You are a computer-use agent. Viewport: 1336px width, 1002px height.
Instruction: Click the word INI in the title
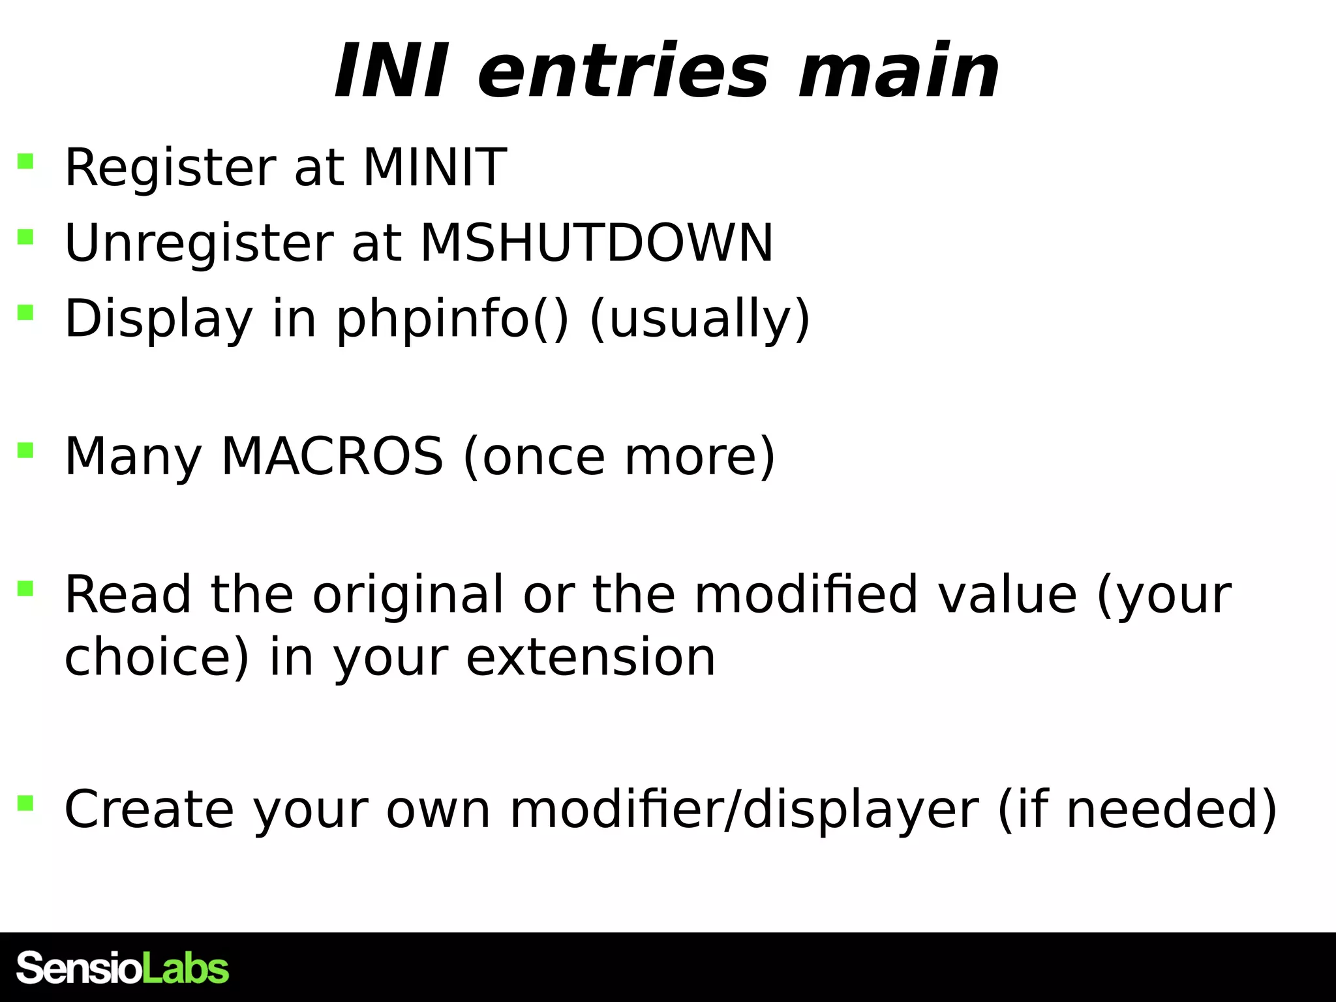click(x=390, y=71)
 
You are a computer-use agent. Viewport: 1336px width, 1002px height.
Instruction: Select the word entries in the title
click(x=624, y=71)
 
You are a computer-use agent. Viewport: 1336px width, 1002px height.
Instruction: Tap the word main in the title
click(x=899, y=71)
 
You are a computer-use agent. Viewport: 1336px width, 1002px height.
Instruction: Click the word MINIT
click(x=434, y=168)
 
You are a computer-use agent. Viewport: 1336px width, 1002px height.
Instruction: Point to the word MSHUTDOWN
click(x=596, y=243)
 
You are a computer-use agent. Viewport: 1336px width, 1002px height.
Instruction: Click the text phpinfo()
click(x=453, y=319)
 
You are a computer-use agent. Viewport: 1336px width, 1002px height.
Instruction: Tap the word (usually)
click(x=700, y=319)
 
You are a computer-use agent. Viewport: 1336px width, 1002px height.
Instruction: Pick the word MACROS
click(x=332, y=456)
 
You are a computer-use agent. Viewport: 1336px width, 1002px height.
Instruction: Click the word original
click(x=408, y=594)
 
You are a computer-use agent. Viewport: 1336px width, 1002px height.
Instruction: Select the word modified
click(x=806, y=594)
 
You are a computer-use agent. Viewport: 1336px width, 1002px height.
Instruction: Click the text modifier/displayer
click(x=744, y=810)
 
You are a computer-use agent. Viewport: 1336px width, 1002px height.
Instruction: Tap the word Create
click(x=149, y=810)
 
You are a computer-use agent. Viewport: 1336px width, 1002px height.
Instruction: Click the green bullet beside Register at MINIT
click(x=25, y=161)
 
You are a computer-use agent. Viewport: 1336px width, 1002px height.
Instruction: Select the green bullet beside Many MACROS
click(x=25, y=450)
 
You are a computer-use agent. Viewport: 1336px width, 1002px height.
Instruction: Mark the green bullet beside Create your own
click(x=25, y=802)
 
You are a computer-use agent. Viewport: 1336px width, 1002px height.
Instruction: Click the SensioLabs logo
click(x=123, y=968)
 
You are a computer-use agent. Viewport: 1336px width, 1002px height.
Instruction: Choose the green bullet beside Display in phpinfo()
click(x=25, y=312)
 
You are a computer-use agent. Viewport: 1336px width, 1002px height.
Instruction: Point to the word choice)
click(x=157, y=657)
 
